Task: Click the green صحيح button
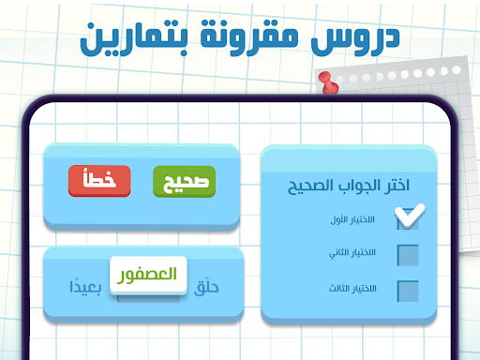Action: click(x=184, y=180)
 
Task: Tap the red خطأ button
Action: click(x=99, y=180)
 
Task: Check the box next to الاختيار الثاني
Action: click(x=408, y=255)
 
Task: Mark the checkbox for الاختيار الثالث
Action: click(x=408, y=291)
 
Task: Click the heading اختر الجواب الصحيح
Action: click(x=348, y=186)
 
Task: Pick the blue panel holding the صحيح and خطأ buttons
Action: click(x=142, y=211)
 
